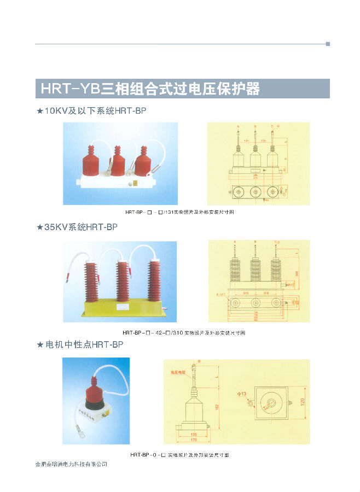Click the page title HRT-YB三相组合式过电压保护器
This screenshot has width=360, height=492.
(147, 89)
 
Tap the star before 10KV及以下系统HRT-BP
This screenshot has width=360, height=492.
(39, 111)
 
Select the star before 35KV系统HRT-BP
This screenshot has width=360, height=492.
(39, 226)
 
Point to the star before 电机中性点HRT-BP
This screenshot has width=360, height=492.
(39, 345)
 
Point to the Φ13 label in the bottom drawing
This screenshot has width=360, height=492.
(242, 394)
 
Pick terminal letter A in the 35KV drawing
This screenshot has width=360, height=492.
(234, 241)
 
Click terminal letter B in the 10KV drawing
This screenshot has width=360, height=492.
(254, 126)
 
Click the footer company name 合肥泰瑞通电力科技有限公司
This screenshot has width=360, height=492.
(71, 464)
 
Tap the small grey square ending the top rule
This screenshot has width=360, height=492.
(328, 44)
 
